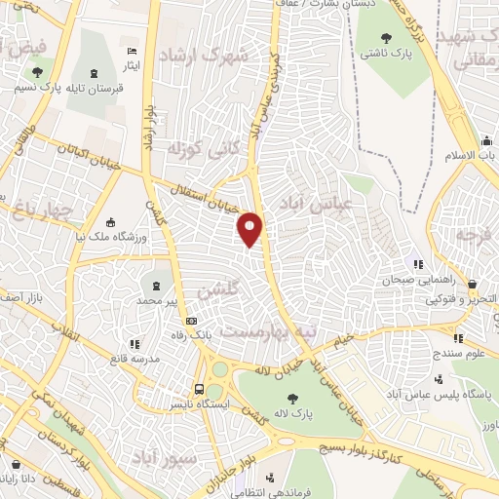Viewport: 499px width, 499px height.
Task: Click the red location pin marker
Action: click(x=250, y=228)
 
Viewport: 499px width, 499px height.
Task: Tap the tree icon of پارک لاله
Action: click(x=291, y=397)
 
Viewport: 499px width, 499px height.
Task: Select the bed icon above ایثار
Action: click(x=132, y=51)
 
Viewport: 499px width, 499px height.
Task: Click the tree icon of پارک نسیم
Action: click(x=36, y=71)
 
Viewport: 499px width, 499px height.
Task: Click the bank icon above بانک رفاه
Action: click(x=191, y=321)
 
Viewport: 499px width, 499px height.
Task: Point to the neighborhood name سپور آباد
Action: click(x=198, y=456)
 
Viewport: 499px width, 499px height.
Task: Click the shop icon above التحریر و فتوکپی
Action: click(x=471, y=284)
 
